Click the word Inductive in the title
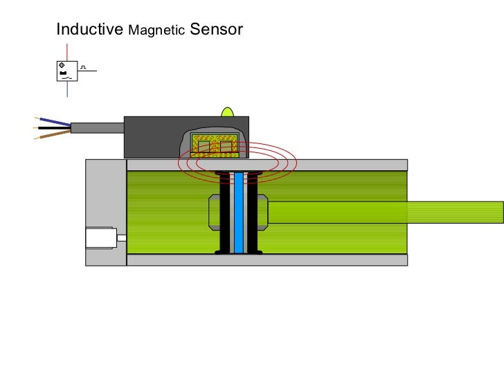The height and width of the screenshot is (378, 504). [89, 30]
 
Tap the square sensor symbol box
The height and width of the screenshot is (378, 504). [66, 71]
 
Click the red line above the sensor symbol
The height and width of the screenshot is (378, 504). [67, 52]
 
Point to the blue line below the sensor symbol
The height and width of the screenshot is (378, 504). [67, 90]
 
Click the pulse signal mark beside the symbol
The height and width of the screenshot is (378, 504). [83, 67]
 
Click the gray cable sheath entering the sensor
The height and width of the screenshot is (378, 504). [97, 127]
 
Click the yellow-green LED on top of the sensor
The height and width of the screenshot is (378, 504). [227, 111]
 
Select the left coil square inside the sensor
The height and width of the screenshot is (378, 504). [204, 146]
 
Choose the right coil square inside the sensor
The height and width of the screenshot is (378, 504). [226, 146]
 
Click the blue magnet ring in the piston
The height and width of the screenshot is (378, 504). [239, 212]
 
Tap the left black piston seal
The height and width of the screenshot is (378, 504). [225, 212]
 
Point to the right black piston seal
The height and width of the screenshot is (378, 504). [253, 212]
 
